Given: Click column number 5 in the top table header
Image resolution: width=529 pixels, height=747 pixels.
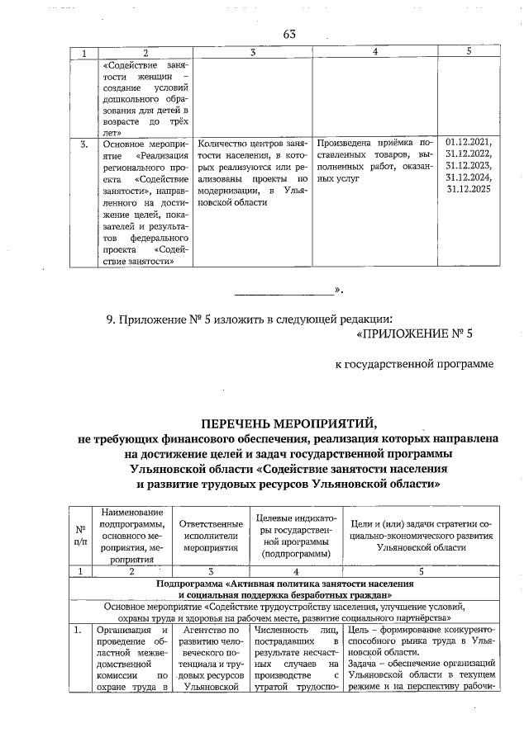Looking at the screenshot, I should point(469,52).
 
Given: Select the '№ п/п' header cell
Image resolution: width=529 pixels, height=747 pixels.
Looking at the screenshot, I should point(80,535).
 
